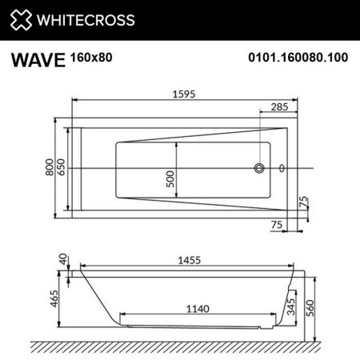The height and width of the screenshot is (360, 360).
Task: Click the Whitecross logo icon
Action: point(20,19)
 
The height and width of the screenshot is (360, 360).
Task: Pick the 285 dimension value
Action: point(278,106)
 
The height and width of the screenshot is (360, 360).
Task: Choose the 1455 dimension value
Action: point(186,260)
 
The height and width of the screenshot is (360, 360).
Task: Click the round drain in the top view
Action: point(259,169)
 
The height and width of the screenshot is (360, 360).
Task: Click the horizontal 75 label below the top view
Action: point(276,226)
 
